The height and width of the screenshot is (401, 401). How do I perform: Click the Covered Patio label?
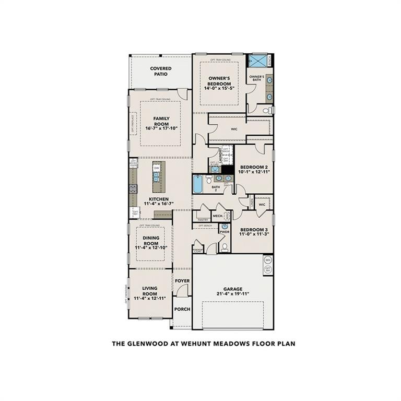tap(161, 71)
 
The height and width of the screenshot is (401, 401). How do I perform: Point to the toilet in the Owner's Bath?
tap(265, 111)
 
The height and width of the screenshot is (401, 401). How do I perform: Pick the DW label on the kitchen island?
tap(156, 168)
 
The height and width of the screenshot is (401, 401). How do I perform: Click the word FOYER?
tap(182, 281)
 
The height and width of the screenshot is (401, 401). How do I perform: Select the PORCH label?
tap(182, 309)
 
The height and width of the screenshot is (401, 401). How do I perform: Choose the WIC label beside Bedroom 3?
tap(262, 204)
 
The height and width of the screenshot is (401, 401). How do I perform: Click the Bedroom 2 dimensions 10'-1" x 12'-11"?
tap(254, 171)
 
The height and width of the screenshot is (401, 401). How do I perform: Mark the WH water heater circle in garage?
tap(267, 260)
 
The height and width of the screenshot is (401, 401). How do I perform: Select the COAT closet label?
tap(198, 251)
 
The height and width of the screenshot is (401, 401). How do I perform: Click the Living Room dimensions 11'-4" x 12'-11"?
tap(150, 298)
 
